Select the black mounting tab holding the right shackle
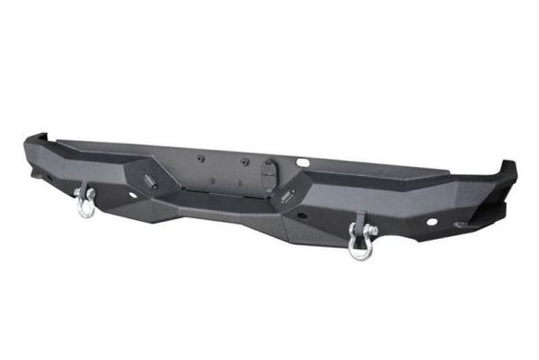[x=361, y=222]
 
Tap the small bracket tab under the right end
[x=462, y=225]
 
